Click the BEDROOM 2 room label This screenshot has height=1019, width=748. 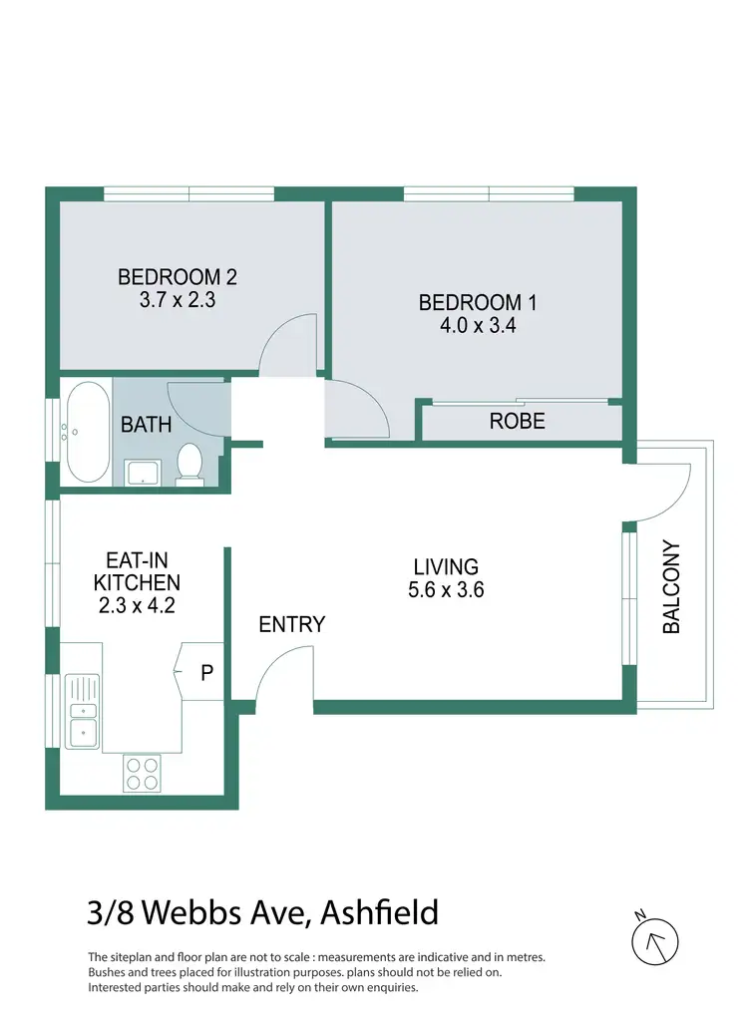177,276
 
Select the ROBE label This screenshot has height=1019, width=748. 517,422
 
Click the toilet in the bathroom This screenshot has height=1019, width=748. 189,465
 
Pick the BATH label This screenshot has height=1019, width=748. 146,425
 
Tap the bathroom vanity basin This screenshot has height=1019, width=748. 145,472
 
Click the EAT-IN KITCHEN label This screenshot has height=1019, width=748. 137,571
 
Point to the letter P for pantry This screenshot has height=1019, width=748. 206,673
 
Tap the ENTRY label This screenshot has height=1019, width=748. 291,625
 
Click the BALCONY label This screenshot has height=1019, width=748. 671,587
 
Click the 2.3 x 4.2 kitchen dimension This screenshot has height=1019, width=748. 137,605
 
